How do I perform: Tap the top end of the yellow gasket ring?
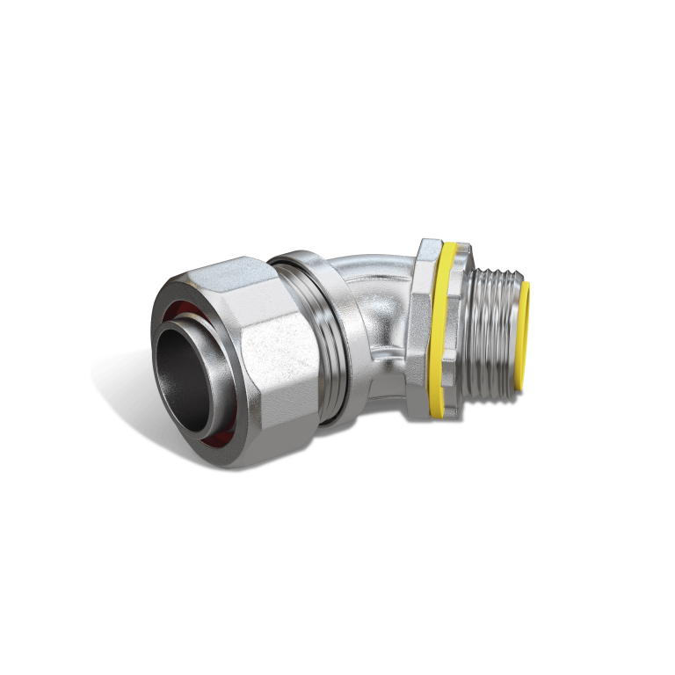point(452,247)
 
